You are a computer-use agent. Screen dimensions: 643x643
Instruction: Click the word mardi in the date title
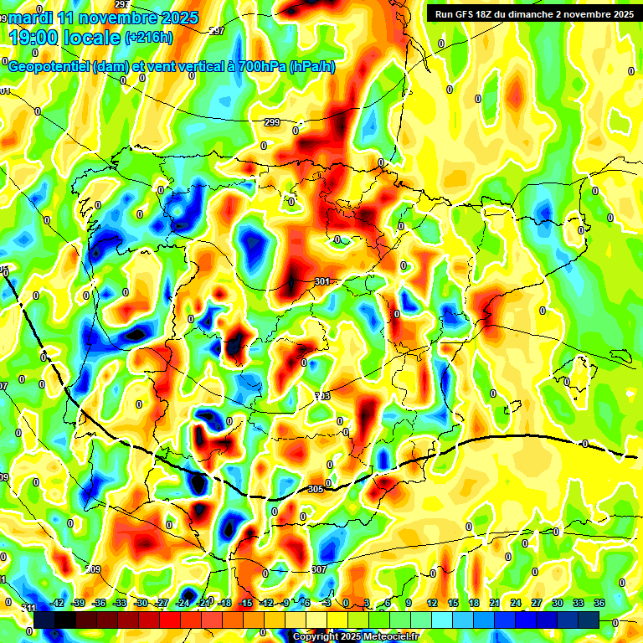tap(28, 18)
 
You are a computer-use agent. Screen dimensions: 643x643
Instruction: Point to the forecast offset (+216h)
tap(149, 37)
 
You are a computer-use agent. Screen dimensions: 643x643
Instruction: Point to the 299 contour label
tap(271, 123)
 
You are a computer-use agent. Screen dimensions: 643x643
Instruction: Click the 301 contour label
tap(322, 282)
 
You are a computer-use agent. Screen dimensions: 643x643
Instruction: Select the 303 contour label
tap(322, 396)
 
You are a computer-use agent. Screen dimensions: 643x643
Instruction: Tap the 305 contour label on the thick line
tap(316, 489)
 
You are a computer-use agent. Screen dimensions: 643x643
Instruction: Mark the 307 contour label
tap(318, 569)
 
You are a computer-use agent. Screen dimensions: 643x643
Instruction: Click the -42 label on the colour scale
tap(58, 603)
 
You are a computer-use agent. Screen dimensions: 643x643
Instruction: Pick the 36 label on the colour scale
tap(599, 603)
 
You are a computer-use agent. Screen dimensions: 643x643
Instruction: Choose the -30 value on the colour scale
tap(141, 603)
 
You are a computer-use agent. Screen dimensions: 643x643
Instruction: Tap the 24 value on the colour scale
tap(516, 603)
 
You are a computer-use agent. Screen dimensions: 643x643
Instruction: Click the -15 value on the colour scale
tap(245, 603)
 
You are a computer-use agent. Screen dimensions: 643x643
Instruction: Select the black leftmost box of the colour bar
tap(44, 620)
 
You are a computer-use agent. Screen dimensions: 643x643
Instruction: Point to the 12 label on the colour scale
tap(432, 603)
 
